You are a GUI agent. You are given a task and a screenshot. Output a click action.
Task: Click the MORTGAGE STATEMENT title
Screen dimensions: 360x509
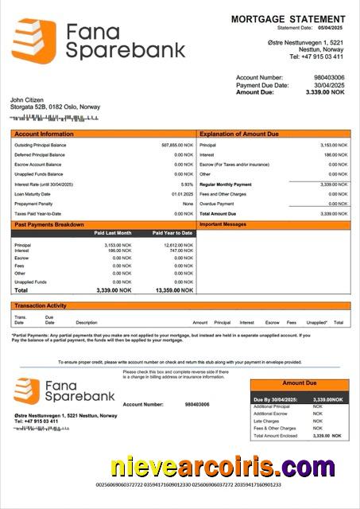coord(288,18)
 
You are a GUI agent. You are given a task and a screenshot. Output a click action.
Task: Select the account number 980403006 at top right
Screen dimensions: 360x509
coord(329,77)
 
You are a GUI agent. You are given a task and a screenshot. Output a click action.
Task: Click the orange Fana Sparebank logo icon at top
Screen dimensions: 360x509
coord(33,41)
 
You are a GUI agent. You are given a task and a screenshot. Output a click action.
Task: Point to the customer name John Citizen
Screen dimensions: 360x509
coord(28,99)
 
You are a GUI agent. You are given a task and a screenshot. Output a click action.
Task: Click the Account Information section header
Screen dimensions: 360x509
coord(44,134)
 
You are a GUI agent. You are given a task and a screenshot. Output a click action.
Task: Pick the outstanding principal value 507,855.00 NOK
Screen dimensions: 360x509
coord(177,146)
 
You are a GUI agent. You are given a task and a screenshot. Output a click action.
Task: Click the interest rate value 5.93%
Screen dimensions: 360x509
coord(187,184)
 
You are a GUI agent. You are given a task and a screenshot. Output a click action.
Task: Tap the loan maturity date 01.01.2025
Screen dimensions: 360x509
coord(182,194)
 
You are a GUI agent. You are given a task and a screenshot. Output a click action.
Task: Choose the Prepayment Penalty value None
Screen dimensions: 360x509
coord(188,204)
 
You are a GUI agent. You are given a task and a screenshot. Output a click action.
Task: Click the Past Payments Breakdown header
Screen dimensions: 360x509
coord(48,224)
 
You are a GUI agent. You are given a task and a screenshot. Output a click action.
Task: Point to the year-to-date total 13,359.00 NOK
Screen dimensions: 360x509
coord(174,290)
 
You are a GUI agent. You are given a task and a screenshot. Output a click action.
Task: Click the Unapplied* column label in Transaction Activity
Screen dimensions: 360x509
coord(316,322)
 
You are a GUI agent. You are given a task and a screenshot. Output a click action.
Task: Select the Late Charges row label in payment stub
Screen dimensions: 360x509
coord(266,421)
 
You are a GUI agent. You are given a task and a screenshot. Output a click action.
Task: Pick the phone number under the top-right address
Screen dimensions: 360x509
coord(315,56)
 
